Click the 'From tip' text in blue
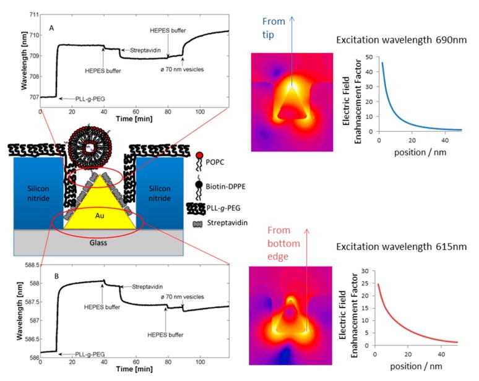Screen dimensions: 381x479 275,27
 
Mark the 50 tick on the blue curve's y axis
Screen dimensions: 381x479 369,58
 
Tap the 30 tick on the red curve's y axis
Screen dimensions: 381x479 369,271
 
